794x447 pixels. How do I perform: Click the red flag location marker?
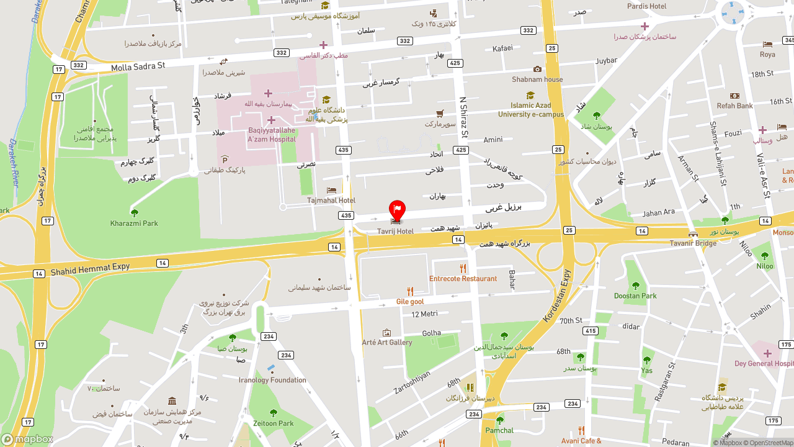coord(397,210)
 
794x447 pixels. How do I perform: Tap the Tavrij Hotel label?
coord(395,232)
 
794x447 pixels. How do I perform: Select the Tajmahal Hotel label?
coord(331,201)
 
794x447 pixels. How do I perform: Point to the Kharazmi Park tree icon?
coord(134,213)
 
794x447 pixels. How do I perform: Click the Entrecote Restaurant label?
coord(463,279)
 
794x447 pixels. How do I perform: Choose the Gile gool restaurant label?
coord(410,302)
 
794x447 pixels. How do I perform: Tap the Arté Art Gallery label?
coord(387,342)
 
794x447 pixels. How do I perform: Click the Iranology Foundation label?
coord(272,380)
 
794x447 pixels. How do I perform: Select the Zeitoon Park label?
coord(274,423)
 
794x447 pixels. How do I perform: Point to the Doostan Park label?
coord(635,296)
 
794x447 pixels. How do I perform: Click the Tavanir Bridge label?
coord(693,243)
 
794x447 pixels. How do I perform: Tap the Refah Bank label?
coord(734,106)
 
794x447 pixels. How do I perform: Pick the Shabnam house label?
coord(537,79)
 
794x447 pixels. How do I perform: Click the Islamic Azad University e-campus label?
coord(531,110)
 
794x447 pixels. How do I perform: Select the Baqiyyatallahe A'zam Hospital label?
coord(272,135)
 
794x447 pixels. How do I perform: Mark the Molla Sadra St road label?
coord(138,66)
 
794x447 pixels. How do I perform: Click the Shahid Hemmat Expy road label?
coord(90,269)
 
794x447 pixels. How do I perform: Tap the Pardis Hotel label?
coord(646,6)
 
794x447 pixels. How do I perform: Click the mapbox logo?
coord(27,439)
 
